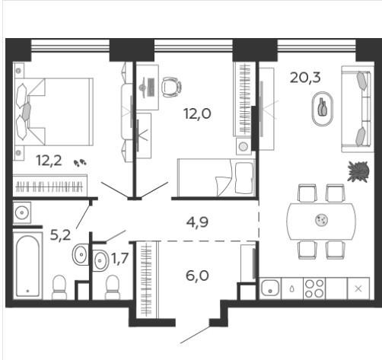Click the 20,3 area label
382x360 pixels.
(305, 78)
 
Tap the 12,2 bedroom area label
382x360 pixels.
(49, 160)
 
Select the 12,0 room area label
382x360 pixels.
(197, 113)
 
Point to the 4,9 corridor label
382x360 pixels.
(197, 222)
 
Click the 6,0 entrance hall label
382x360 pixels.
(197, 276)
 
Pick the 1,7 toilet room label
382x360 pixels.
(119, 259)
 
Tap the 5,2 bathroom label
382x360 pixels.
(60, 235)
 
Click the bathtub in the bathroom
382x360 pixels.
(27, 266)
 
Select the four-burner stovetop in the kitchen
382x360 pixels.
(314, 288)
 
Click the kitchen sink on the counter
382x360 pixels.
(270, 288)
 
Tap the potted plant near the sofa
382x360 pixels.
(358, 171)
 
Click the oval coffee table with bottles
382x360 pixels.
(323, 109)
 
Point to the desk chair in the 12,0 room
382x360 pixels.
(171, 87)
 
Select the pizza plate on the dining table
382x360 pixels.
(322, 220)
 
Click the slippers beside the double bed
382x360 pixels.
(80, 162)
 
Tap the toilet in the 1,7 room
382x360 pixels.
(113, 288)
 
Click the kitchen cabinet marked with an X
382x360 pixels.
(358, 288)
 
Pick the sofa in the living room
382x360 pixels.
(357, 109)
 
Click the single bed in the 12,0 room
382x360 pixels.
(216, 177)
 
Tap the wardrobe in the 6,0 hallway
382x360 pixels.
(148, 279)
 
